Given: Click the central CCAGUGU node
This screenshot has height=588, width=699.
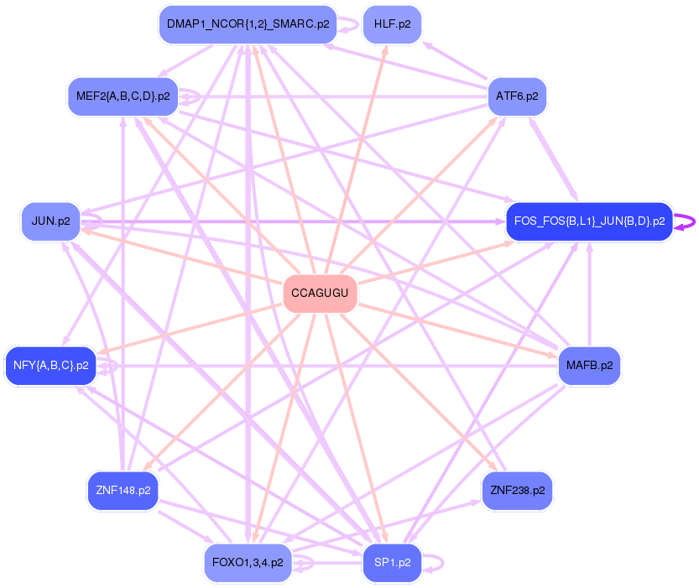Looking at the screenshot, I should [x=321, y=294].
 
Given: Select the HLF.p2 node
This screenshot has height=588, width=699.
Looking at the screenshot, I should [x=392, y=24].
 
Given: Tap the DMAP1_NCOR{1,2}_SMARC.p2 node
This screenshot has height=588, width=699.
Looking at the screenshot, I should [x=248, y=24].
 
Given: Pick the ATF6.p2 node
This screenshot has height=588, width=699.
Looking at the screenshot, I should [x=517, y=96].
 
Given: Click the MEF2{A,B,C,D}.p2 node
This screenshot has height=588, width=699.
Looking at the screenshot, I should [x=123, y=96].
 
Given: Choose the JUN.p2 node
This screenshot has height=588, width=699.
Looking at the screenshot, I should [x=50, y=221].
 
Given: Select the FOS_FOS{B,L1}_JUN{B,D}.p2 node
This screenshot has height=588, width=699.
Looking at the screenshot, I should [x=589, y=221].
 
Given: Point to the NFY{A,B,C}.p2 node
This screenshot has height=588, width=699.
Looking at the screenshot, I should [x=51, y=366].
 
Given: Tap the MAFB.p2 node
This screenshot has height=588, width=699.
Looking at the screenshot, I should [x=589, y=366].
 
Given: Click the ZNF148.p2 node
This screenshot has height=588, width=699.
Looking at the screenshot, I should [x=123, y=491].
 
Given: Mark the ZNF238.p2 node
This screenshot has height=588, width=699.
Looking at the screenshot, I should [x=517, y=491].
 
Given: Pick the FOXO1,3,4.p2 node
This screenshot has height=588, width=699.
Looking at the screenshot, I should [x=248, y=563].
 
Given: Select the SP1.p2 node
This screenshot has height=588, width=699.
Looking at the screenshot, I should [x=392, y=563].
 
